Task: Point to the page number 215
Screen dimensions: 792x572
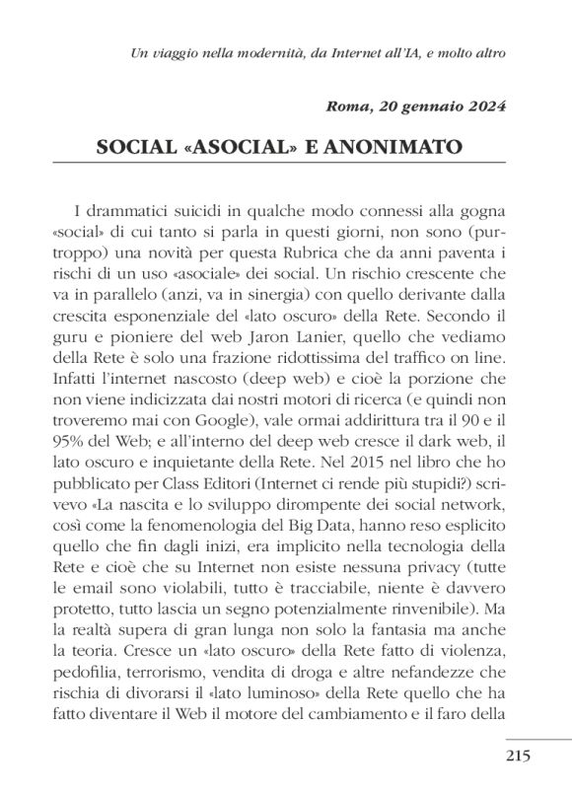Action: click(x=518, y=756)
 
